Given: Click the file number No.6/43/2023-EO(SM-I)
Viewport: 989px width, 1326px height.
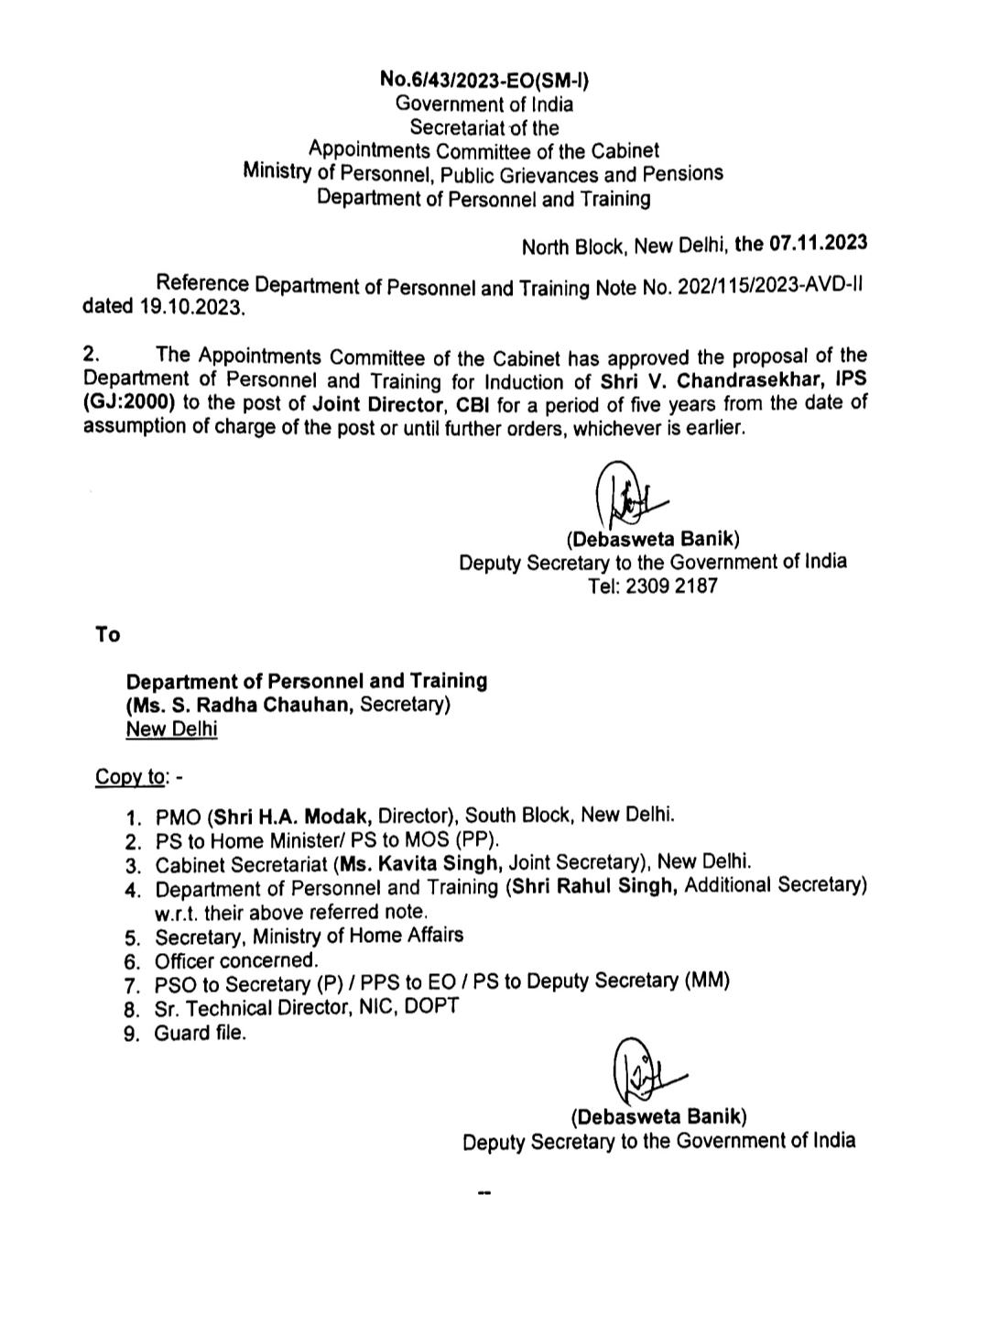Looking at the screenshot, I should (484, 80).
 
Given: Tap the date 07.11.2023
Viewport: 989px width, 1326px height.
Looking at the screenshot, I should (818, 244).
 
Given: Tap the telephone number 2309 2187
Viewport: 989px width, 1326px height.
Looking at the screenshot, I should (672, 586).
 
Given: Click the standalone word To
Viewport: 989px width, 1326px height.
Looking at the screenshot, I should (107, 634).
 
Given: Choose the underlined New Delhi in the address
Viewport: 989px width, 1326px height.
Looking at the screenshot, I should (171, 729).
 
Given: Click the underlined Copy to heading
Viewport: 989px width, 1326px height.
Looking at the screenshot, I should (131, 777).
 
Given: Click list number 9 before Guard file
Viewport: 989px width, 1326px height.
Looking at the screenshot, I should (133, 1035).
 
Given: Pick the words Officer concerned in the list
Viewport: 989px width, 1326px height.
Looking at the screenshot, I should (236, 960).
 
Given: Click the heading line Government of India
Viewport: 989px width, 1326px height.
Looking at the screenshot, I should (484, 104).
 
